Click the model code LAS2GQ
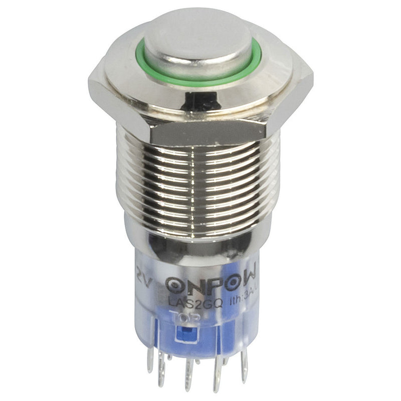click(x=184, y=302)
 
